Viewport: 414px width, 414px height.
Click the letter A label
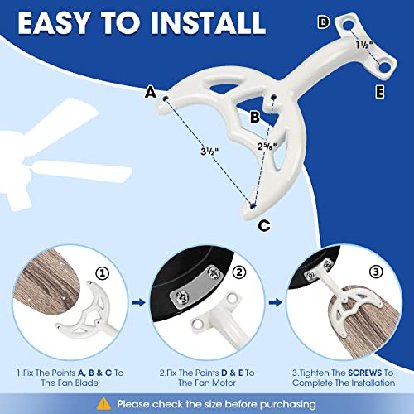click(151, 93)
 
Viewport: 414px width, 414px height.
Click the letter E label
click(379, 92)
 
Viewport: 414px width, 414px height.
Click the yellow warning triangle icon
click(102, 403)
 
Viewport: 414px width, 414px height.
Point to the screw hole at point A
click(166, 99)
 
